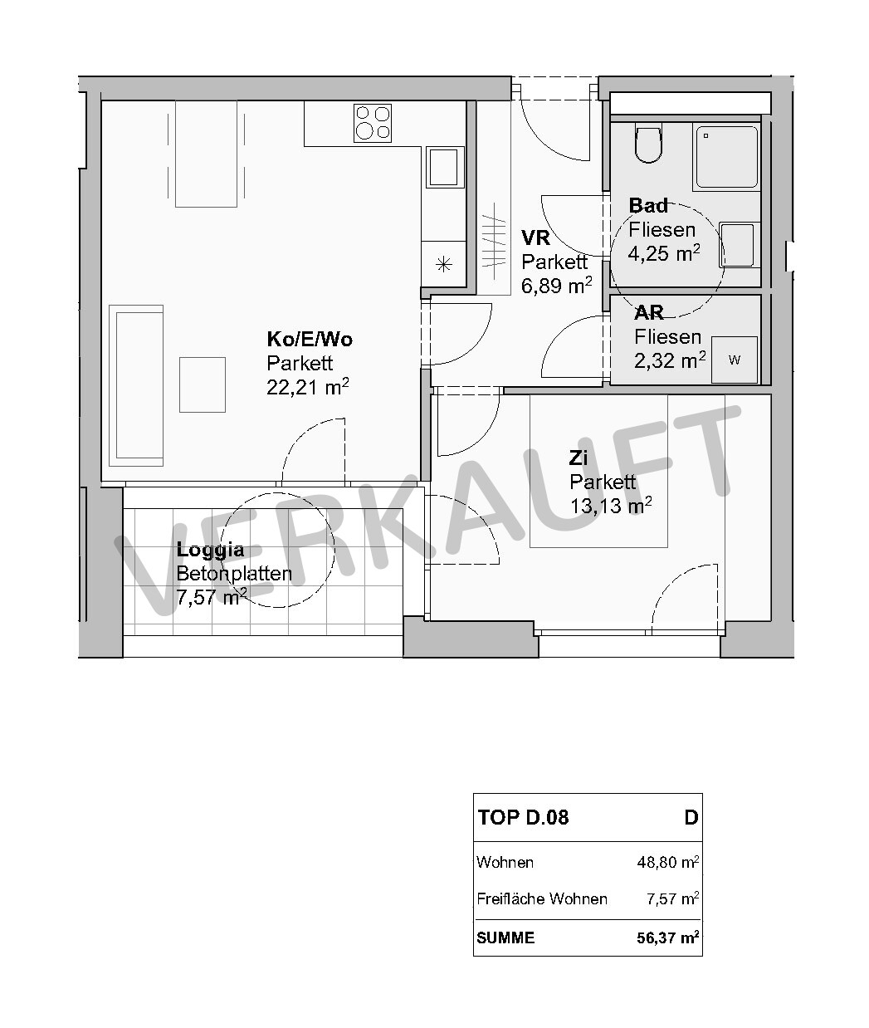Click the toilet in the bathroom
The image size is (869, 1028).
click(x=649, y=144)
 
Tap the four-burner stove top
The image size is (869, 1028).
click(x=373, y=123)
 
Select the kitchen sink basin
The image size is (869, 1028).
click(x=443, y=167)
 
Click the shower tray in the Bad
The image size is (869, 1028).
click(x=727, y=157)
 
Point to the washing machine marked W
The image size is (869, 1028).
click(x=735, y=360)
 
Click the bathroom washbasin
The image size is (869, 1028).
click(x=739, y=244)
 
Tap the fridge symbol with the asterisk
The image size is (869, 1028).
click(x=443, y=264)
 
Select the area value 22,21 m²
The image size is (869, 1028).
click(x=308, y=386)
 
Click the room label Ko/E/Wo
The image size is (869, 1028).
click(x=310, y=339)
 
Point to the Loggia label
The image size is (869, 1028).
click(x=210, y=551)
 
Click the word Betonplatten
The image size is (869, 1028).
click(x=234, y=574)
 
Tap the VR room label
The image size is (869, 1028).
click(x=535, y=237)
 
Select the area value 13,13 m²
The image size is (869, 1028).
click(x=611, y=506)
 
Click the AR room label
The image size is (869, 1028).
click(x=649, y=313)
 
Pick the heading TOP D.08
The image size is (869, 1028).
click(x=523, y=818)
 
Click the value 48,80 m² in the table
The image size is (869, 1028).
click(x=668, y=862)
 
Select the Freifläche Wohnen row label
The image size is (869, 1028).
click(x=542, y=899)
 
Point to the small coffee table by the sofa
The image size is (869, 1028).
click(x=203, y=384)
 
